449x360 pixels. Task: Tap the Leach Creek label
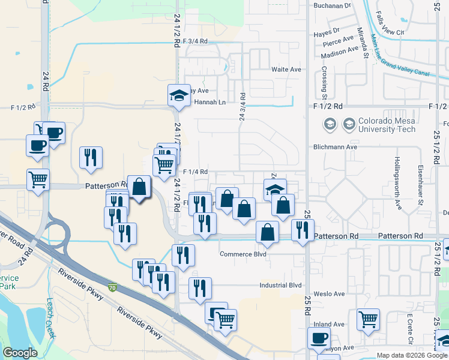[50, 313]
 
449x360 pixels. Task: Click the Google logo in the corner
[20, 353]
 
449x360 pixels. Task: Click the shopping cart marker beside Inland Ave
[368, 320]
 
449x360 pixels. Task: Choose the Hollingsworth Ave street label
[397, 182]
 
